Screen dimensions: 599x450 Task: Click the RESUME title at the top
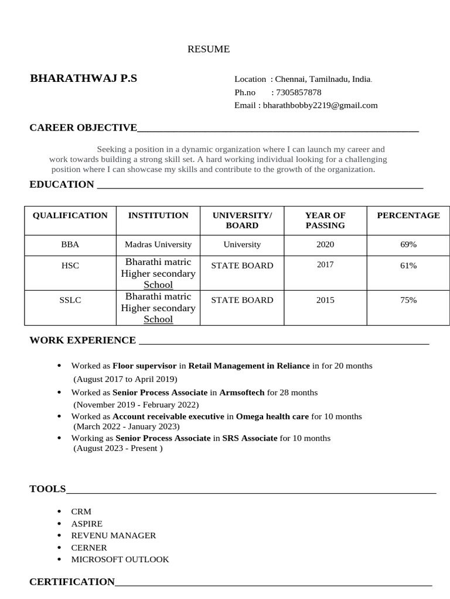[x=208, y=49]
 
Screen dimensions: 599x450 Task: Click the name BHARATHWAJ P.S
[x=83, y=78]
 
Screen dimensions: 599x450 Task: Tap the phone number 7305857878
[x=298, y=92]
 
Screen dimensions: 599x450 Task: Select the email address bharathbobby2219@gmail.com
[x=320, y=105]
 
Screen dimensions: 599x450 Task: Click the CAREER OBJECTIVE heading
[x=83, y=128]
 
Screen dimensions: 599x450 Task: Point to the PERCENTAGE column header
[x=408, y=215]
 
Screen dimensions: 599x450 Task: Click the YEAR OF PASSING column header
[x=325, y=220]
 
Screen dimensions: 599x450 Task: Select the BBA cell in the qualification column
[x=70, y=245]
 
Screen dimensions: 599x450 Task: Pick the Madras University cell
[x=158, y=245]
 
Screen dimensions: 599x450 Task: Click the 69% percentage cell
[x=408, y=245]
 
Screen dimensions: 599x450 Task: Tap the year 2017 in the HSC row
[x=325, y=264]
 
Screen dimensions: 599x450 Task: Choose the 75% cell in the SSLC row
[x=408, y=300]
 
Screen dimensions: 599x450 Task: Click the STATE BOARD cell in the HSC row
[x=242, y=266]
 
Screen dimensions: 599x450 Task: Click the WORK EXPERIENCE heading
[x=83, y=340]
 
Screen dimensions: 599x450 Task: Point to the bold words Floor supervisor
[x=144, y=366]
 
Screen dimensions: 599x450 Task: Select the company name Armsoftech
[x=241, y=393]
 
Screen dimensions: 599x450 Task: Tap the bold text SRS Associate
[x=250, y=438]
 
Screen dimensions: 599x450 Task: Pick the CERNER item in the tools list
[x=89, y=548]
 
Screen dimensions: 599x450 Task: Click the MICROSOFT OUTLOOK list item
[x=120, y=559]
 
